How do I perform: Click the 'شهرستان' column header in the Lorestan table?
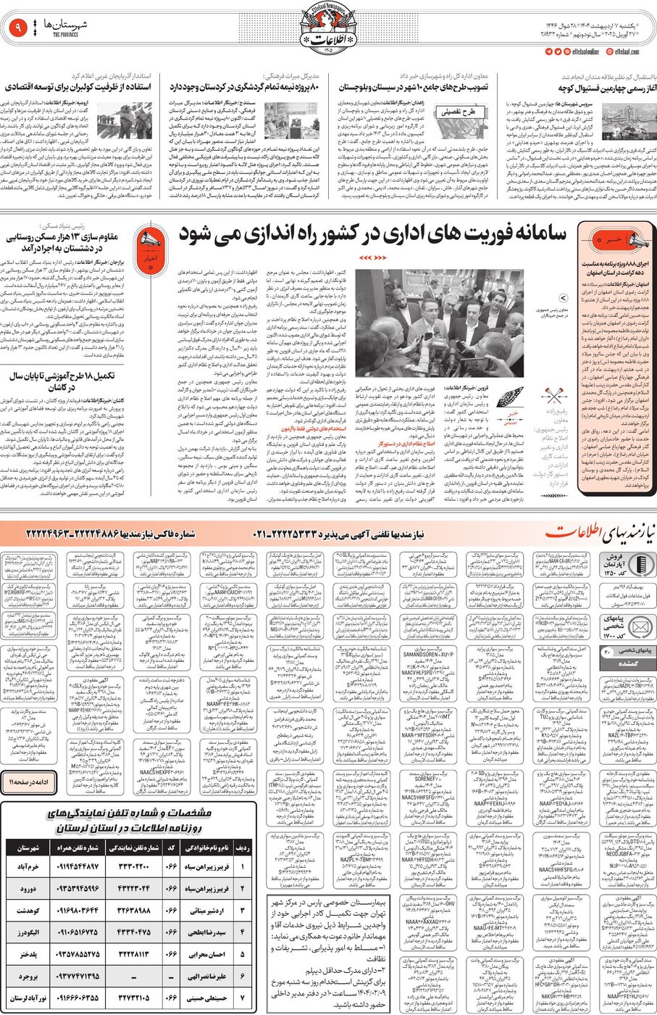point(28,848)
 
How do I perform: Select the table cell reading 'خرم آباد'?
point(28,866)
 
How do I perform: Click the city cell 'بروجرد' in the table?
point(28,977)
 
